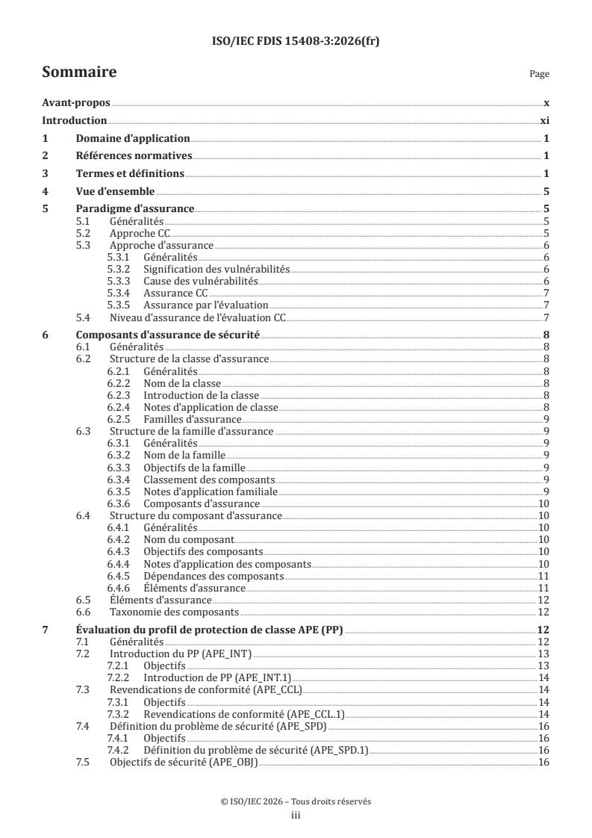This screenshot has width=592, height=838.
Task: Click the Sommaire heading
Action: click(79, 72)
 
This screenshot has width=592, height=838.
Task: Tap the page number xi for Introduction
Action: click(545, 120)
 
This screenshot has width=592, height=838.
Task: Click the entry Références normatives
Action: click(134, 155)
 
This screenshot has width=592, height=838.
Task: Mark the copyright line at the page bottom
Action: click(296, 801)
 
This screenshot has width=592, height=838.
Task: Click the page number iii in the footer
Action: click(296, 816)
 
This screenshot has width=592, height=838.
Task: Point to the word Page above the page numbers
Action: click(539, 75)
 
